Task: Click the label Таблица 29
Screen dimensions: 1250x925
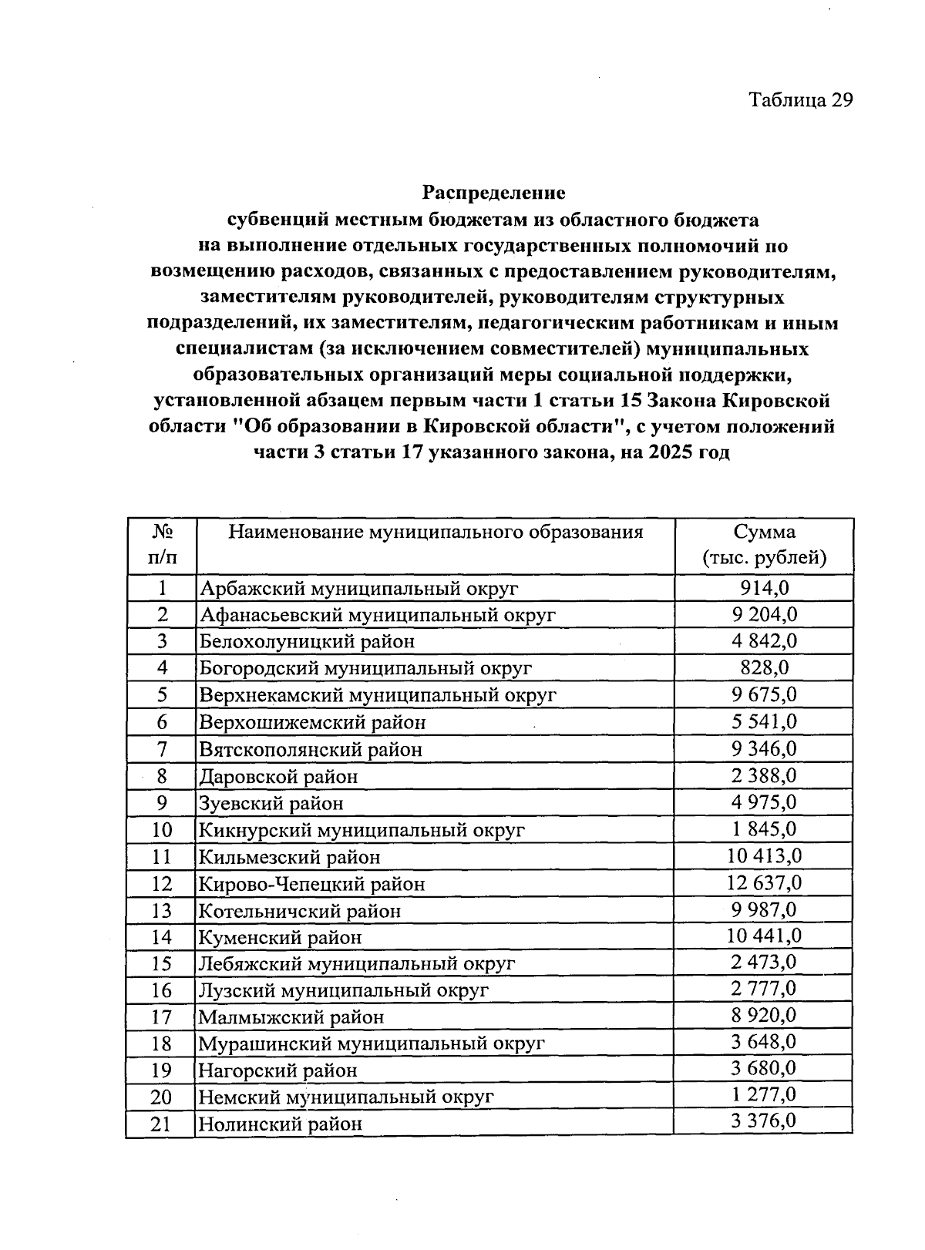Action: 801,101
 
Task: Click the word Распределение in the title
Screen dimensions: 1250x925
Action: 493,192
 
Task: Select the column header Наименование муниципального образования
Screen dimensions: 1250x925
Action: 436,533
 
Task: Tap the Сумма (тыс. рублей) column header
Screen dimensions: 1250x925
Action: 764,545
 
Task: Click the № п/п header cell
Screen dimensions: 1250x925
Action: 162,545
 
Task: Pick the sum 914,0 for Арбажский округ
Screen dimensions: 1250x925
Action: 764,589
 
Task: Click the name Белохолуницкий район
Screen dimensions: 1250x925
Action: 308,641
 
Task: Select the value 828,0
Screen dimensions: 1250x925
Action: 764,667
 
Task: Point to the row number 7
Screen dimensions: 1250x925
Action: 162,749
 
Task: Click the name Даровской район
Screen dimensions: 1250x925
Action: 279,776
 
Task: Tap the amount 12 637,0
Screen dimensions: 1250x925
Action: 764,882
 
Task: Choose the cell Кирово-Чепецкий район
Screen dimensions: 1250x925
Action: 312,884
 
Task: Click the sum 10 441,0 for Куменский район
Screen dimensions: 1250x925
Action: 764,936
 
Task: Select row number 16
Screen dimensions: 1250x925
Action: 161,990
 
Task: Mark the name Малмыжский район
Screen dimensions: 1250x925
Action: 291,1017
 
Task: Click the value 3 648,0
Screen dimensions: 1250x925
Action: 764,1043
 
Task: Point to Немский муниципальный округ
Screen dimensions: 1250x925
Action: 346,1097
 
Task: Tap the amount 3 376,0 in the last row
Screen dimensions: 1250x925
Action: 764,1121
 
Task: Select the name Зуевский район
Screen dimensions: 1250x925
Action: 271,803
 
